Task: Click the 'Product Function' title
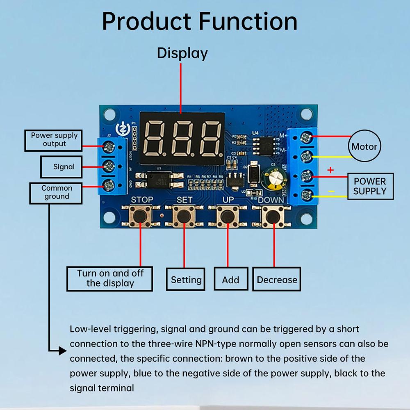pyautogui.click(x=200, y=21)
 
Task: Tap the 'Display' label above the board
pyautogui.click(x=182, y=53)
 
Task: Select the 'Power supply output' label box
pyautogui.click(x=54, y=140)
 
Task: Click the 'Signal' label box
pyautogui.click(x=64, y=167)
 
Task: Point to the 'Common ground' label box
pyautogui.click(x=56, y=193)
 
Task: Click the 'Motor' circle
pyautogui.click(x=364, y=146)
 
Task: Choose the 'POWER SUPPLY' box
pyautogui.click(x=370, y=186)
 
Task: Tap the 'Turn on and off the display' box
pyautogui.click(x=110, y=278)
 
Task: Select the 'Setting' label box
pyautogui.click(x=186, y=280)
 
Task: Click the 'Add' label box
pyautogui.click(x=230, y=280)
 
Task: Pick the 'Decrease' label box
pyautogui.click(x=277, y=280)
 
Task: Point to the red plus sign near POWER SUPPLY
pyautogui.click(x=331, y=170)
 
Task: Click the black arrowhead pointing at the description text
pyautogui.click(x=62, y=351)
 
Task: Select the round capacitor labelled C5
pyautogui.click(x=274, y=177)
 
